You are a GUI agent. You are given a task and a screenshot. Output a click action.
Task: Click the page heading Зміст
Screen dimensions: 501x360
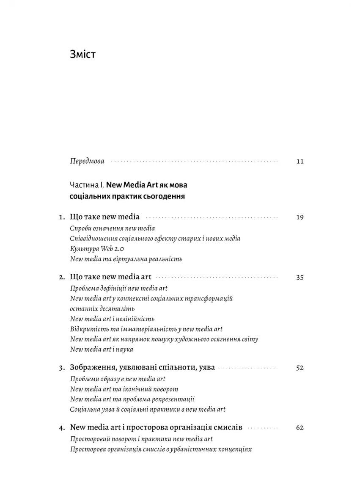click(82, 55)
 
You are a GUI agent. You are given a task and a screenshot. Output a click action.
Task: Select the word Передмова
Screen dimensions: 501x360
click(87, 161)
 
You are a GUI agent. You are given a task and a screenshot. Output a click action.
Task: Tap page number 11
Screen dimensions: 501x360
click(300, 162)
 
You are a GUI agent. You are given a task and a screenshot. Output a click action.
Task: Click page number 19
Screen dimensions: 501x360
click(300, 217)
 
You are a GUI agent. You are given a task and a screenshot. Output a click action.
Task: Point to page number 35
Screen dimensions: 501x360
click(300, 278)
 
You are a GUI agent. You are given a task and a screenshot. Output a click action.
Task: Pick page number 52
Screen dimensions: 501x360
click(300, 368)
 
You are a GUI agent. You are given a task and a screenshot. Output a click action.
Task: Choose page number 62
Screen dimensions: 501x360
click(300, 428)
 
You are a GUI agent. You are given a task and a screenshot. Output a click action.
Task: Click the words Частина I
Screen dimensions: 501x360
click(86, 185)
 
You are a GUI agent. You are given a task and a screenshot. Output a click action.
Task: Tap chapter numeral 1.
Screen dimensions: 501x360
click(61, 217)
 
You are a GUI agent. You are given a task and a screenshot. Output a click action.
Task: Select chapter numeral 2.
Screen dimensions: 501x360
click(61, 278)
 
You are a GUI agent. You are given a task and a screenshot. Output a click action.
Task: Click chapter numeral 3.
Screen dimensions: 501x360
click(61, 368)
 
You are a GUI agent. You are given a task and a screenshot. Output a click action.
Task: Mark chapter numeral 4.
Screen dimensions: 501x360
click(61, 428)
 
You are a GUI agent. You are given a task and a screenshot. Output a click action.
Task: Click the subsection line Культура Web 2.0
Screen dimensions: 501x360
click(97, 249)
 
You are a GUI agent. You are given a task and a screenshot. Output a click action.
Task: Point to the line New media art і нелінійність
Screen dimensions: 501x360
click(112, 319)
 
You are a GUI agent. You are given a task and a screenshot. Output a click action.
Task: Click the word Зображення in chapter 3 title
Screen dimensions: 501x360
click(93, 368)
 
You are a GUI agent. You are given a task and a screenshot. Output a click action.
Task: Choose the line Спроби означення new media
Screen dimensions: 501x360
click(113, 228)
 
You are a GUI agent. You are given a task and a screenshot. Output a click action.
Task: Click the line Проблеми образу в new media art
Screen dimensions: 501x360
click(118, 379)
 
